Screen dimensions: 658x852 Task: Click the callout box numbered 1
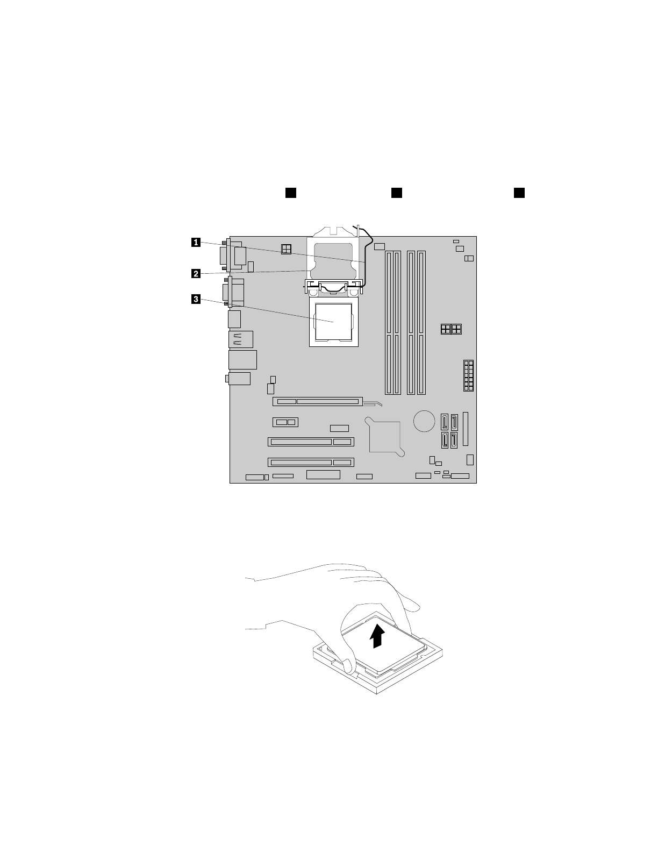[196, 243]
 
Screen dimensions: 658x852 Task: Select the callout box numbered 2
[196, 273]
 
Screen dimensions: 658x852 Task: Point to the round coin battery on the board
[424, 421]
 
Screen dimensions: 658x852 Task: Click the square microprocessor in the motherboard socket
[333, 322]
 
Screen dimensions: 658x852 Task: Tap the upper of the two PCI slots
[311, 442]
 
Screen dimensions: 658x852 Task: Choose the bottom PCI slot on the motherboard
[311, 462]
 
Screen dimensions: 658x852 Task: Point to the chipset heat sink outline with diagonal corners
[384, 436]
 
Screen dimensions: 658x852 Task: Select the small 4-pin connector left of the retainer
[286, 248]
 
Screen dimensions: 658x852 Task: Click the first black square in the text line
[291, 193]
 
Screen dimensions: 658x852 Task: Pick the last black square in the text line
[519, 193]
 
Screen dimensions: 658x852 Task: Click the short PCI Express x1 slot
[285, 422]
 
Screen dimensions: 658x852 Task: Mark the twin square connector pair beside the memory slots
[451, 329]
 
